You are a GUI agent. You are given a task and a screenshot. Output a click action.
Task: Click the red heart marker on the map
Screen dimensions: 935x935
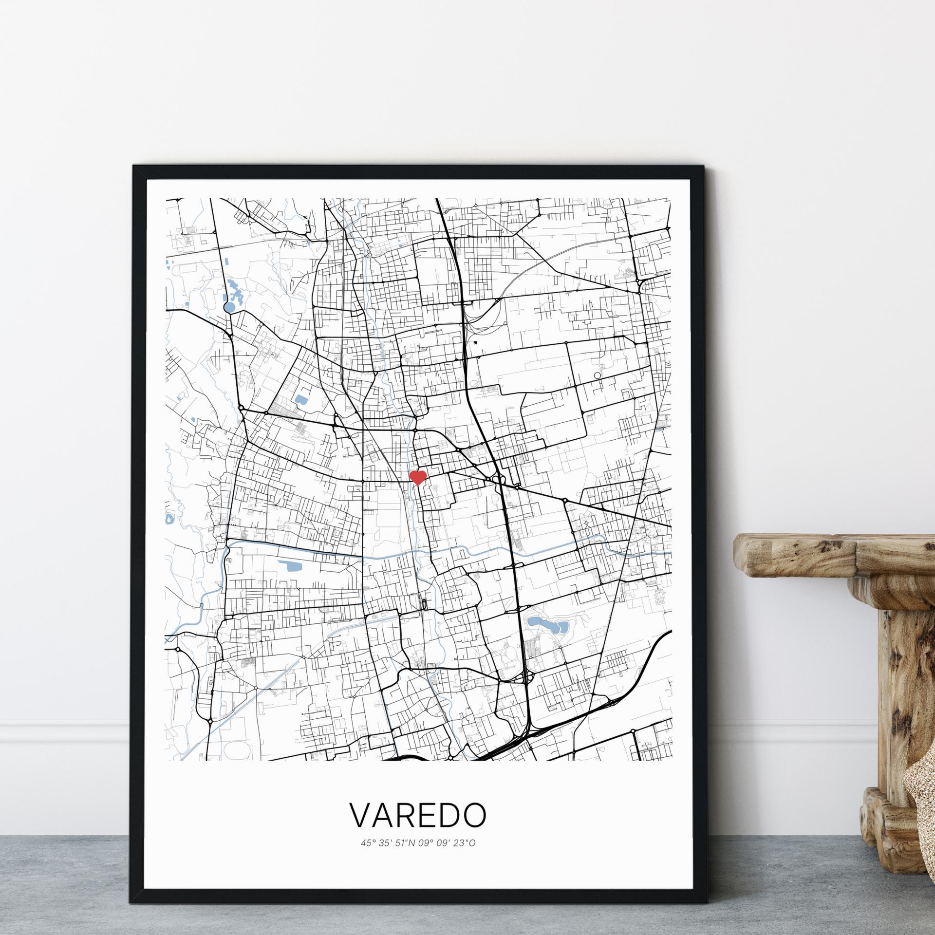click(418, 477)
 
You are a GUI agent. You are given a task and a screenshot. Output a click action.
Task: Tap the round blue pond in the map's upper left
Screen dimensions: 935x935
click(229, 307)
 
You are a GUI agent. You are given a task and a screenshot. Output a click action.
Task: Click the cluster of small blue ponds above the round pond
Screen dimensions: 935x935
click(236, 292)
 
